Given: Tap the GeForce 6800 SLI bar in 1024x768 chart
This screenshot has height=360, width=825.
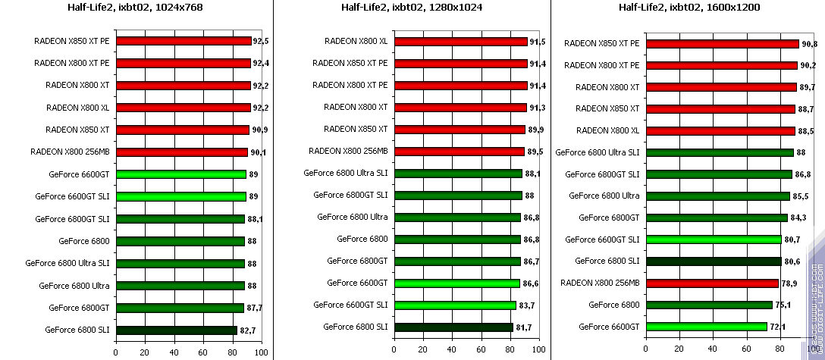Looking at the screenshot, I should click(176, 330).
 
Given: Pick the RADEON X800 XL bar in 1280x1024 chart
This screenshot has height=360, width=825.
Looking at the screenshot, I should click(460, 42).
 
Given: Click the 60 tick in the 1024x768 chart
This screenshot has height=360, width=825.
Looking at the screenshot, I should click(202, 352).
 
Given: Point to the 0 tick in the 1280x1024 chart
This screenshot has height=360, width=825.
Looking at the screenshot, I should click(394, 352).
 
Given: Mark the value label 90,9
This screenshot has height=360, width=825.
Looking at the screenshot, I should click(259, 130).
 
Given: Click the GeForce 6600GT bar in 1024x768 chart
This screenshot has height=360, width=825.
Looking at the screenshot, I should click(180, 174).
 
